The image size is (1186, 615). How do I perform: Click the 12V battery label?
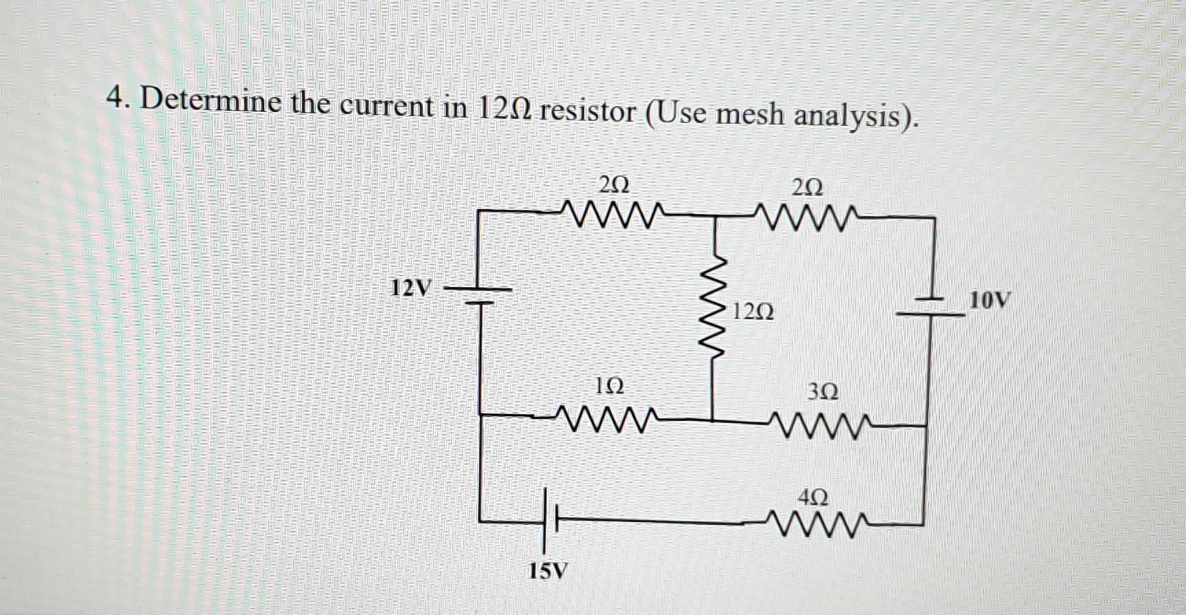pyautogui.click(x=411, y=288)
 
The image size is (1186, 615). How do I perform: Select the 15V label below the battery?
pyautogui.click(x=548, y=570)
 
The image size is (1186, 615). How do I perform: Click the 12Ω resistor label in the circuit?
pyautogui.click(x=753, y=312)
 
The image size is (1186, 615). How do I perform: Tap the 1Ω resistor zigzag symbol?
pyautogui.click(x=605, y=417)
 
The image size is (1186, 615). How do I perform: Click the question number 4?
pyautogui.click(x=117, y=100)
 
